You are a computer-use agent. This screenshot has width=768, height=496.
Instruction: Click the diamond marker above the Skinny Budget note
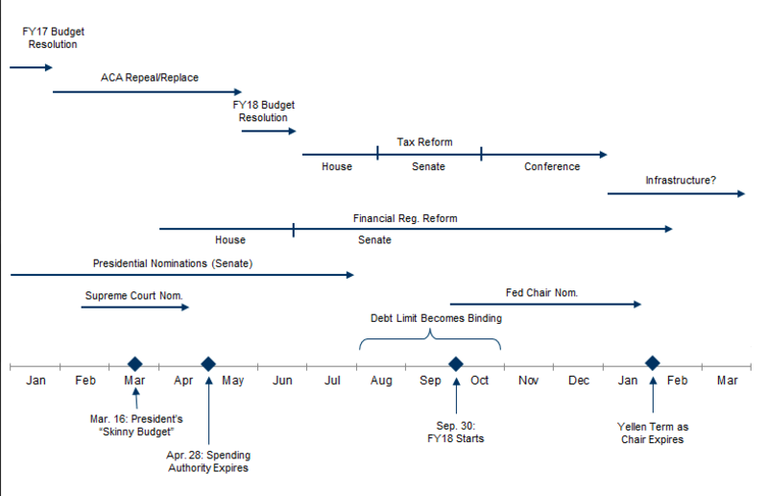click(x=134, y=364)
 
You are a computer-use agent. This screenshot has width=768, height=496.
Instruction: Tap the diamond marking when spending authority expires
click(x=208, y=364)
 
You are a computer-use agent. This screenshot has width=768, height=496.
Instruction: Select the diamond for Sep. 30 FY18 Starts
click(x=456, y=364)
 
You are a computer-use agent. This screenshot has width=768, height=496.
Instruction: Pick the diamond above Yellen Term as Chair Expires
click(x=653, y=363)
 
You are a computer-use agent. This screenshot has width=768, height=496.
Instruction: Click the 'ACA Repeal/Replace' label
click(x=150, y=78)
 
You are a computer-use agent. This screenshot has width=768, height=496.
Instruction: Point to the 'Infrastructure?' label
click(x=681, y=180)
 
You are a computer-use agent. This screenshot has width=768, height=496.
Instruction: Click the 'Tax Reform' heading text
click(x=424, y=142)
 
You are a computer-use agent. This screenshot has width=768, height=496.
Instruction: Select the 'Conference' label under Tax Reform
click(x=552, y=166)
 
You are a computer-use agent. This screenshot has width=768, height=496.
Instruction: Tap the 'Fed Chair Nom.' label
click(x=541, y=292)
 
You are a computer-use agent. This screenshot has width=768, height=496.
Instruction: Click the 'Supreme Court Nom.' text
click(x=133, y=295)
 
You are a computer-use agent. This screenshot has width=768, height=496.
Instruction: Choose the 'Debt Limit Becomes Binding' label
click(x=436, y=318)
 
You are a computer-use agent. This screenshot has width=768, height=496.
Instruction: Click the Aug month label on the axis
click(x=381, y=381)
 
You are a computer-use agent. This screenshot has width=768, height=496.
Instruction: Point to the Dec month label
click(x=579, y=381)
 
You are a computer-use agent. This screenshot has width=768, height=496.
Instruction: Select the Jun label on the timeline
click(x=282, y=381)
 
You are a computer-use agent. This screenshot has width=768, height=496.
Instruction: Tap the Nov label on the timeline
click(x=529, y=381)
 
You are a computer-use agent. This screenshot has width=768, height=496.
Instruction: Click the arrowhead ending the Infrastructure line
click(x=741, y=194)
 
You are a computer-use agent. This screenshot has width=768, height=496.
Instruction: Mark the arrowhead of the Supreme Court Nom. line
click(x=185, y=308)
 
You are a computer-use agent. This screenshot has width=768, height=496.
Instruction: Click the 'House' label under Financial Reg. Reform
click(x=230, y=240)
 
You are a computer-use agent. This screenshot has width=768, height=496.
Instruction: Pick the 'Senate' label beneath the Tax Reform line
click(x=428, y=166)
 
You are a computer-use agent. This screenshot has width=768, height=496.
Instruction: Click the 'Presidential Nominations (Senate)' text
click(x=173, y=263)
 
